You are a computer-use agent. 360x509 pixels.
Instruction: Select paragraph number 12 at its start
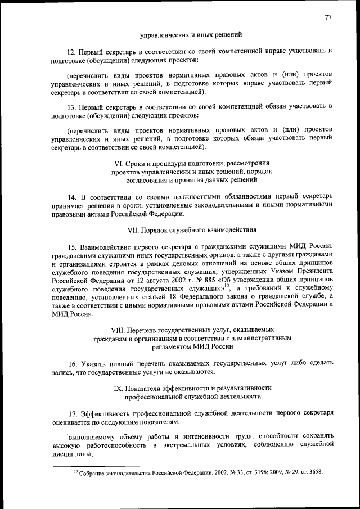pyautogui.click(x=71, y=51)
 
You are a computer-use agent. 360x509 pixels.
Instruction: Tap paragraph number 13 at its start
pyautogui.click(x=71, y=106)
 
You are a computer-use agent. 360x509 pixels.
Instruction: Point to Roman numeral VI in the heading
pyautogui.click(x=119, y=163)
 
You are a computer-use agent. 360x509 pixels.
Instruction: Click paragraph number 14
pyautogui.click(x=71, y=197)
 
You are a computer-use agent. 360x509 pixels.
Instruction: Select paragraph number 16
pyautogui.click(x=71, y=364)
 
